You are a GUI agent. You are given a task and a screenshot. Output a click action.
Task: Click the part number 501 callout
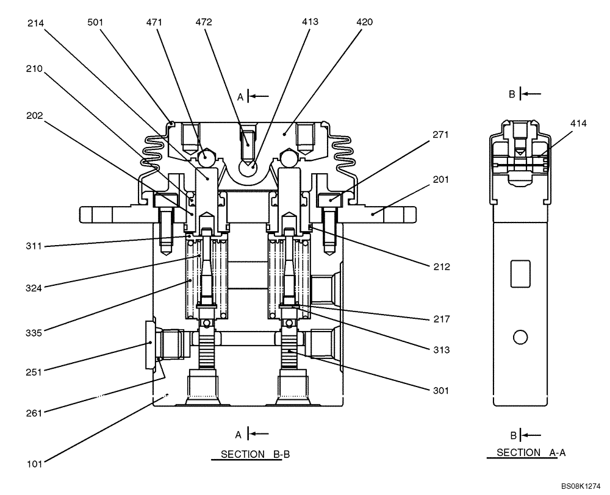tap(95, 23)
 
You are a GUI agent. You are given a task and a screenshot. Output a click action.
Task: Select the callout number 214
tap(35, 23)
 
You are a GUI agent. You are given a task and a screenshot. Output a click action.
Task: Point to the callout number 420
tap(364, 22)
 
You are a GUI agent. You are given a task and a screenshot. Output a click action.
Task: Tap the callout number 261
tap(35, 413)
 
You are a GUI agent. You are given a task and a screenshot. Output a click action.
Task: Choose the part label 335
tap(35, 333)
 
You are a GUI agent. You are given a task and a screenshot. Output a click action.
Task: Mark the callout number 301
tap(440, 391)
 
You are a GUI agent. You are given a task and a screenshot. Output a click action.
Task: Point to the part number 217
tap(440, 319)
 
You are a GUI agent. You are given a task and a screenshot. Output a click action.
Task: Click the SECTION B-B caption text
tap(246, 454)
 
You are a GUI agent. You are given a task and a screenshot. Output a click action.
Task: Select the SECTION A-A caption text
tap(523, 453)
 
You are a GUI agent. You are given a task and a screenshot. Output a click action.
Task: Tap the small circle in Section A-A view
tap(520, 337)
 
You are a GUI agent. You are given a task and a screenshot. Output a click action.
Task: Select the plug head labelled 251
tap(149, 346)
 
